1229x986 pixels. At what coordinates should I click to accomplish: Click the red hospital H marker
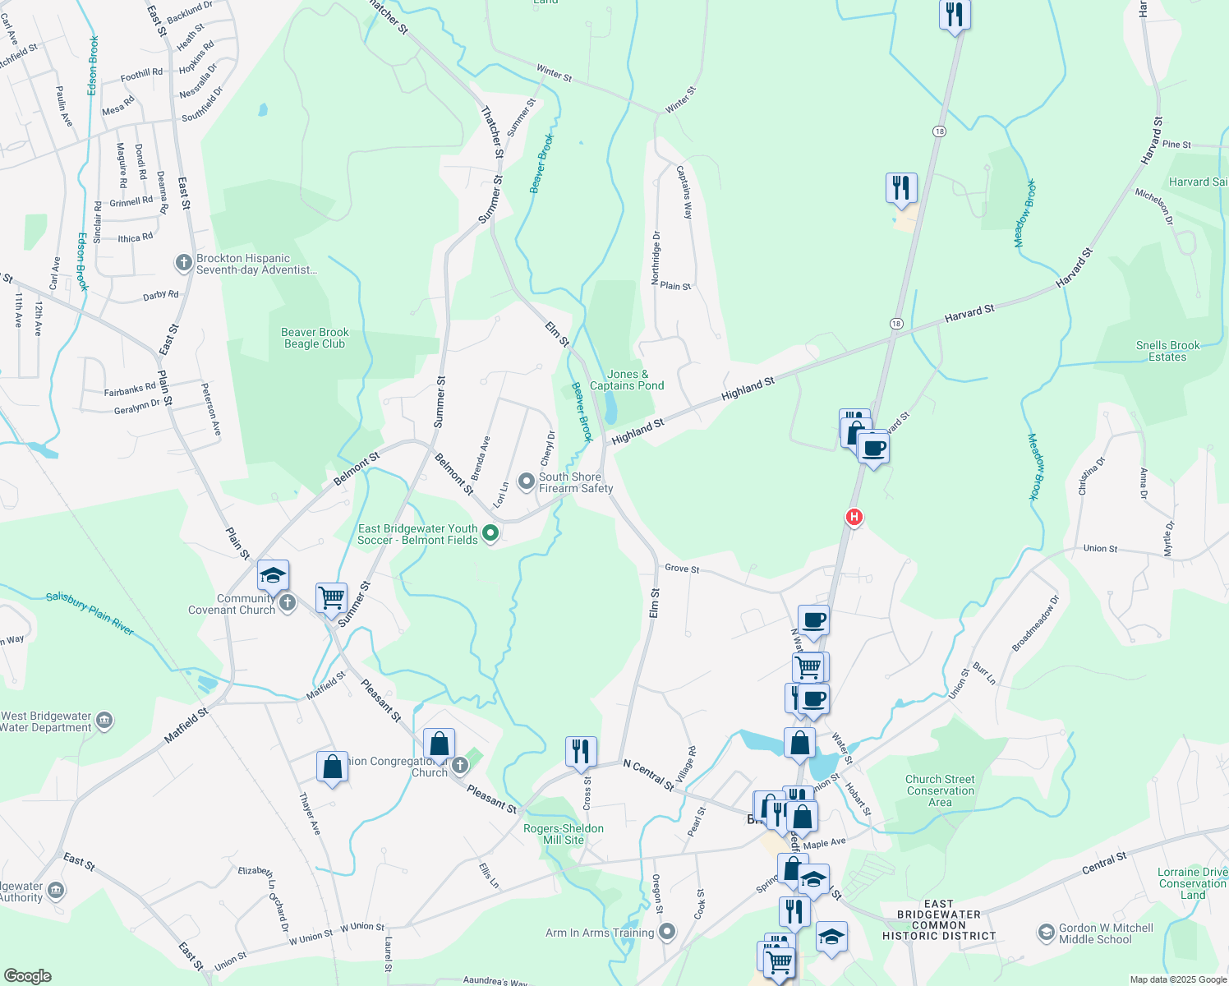click(x=854, y=517)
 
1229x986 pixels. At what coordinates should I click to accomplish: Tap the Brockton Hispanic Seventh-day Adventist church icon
click(x=184, y=264)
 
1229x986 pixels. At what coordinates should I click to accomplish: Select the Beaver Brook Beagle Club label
click(x=315, y=339)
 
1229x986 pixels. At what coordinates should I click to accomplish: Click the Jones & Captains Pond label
click(x=627, y=380)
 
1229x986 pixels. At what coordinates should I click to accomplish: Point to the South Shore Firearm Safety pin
click(x=527, y=479)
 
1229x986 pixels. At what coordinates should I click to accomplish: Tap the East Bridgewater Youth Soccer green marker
click(x=490, y=533)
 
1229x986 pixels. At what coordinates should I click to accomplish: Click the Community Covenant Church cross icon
click(x=288, y=603)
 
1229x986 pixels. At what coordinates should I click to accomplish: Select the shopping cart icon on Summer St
click(x=331, y=597)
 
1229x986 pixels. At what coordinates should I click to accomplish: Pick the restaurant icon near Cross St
click(x=581, y=751)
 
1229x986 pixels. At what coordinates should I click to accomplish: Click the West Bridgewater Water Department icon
click(x=104, y=721)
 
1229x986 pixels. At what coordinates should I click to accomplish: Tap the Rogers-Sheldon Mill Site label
click(x=564, y=834)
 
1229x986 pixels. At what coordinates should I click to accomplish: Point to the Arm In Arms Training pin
click(x=667, y=933)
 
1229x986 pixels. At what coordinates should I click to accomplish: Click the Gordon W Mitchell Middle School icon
click(x=1046, y=933)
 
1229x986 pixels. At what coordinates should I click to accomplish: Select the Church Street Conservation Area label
click(x=940, y=790)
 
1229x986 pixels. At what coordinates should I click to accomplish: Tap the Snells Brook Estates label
click(x=1167, y=351)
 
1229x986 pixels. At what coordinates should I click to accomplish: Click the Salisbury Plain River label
click(x=90, y=613)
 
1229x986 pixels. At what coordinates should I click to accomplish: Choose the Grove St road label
click(x=682, y=569)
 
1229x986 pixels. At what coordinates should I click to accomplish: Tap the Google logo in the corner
click(x=28, y=976)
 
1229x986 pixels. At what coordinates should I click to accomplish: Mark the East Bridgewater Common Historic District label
click(x=939, y=919)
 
